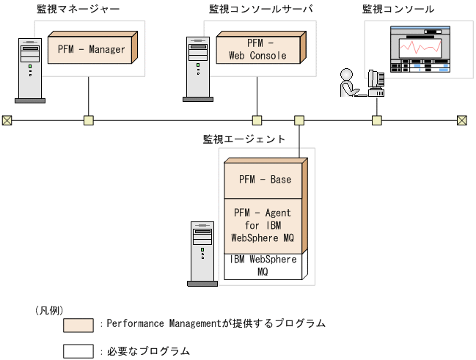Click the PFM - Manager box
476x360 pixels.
click(x=90, y=50)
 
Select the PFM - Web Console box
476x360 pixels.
click(x=257, y=49)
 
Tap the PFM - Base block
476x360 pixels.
click(x=264, y=180)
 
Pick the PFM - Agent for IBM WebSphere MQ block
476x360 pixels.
click(x=262, y=225)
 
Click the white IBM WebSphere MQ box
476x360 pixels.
click(x=263, y=265)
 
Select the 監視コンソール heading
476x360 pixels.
click(x=398, y=9)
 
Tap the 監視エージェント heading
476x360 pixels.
click(x=244, y=138)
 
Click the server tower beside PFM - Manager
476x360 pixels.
click(x=29, y=68)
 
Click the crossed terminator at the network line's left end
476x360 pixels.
click(x=7, y=120)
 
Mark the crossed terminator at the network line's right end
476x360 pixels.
click(x=461, y=120)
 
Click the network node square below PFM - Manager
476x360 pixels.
click(x=89, y=120)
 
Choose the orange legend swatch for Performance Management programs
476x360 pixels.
click(x=78, y=325)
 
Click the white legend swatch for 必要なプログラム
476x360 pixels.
click(x=78, y=351)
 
